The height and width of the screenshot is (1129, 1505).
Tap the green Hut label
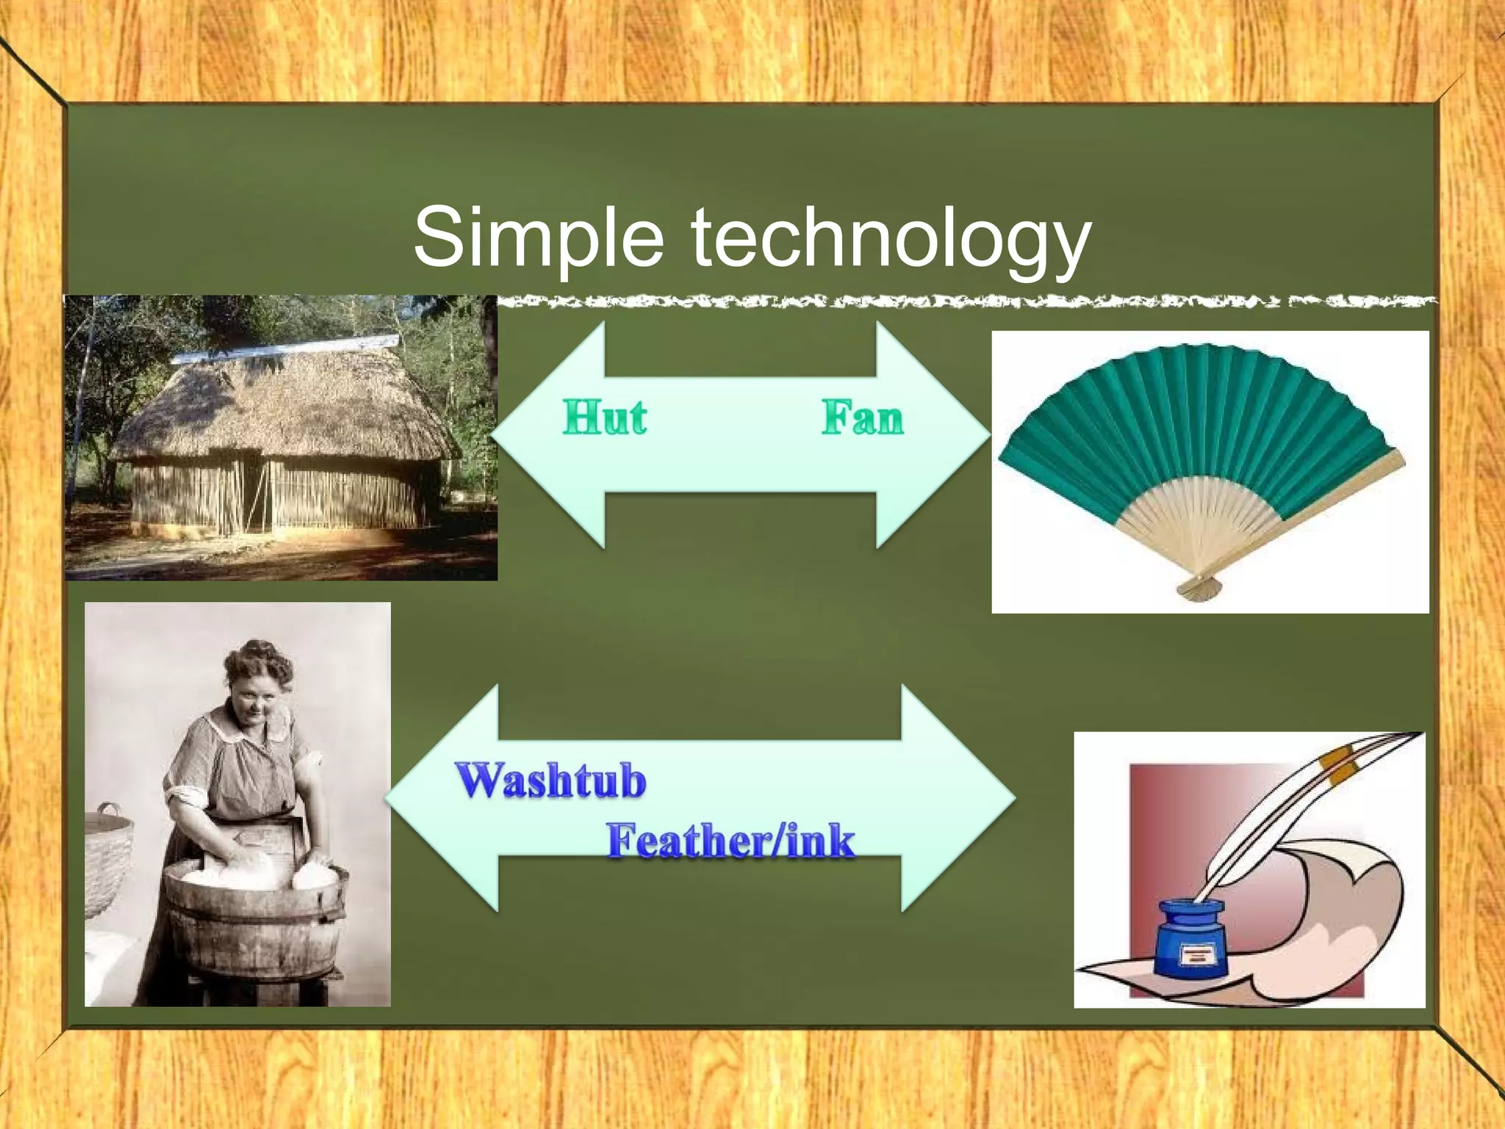605,417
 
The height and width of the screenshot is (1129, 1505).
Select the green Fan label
863,417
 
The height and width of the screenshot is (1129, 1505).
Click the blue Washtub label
551,781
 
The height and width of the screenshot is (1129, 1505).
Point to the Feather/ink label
731,841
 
